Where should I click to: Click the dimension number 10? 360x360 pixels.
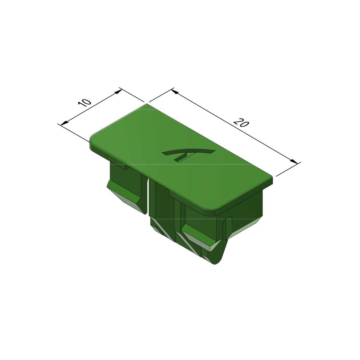point(85,103)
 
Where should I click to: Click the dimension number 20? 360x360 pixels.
point(241,123)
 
